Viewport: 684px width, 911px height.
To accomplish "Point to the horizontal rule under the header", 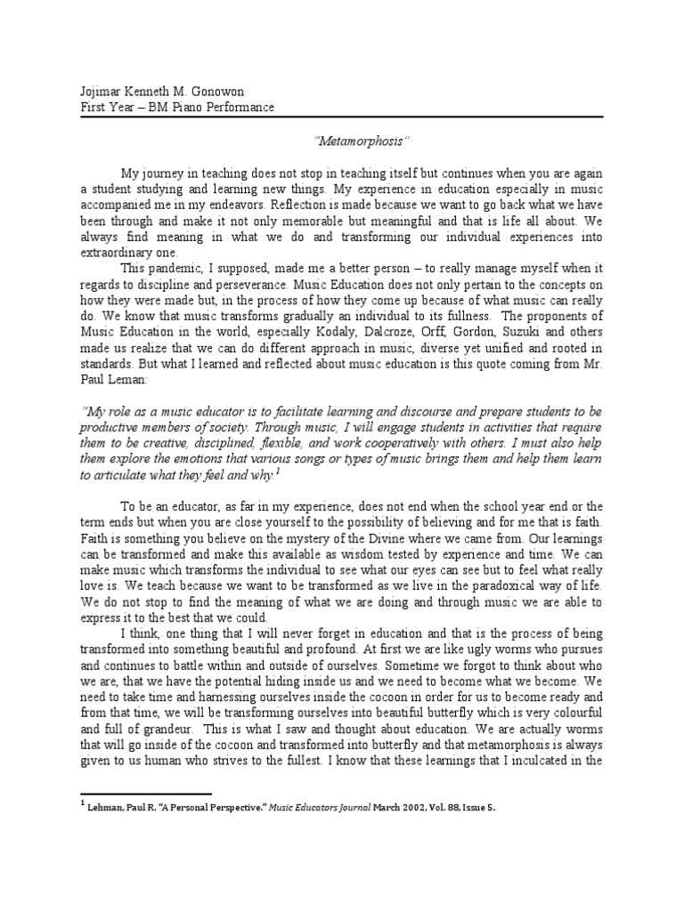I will [x=342, y=118].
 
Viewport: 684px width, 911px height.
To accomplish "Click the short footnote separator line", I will [x=146, y=794].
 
